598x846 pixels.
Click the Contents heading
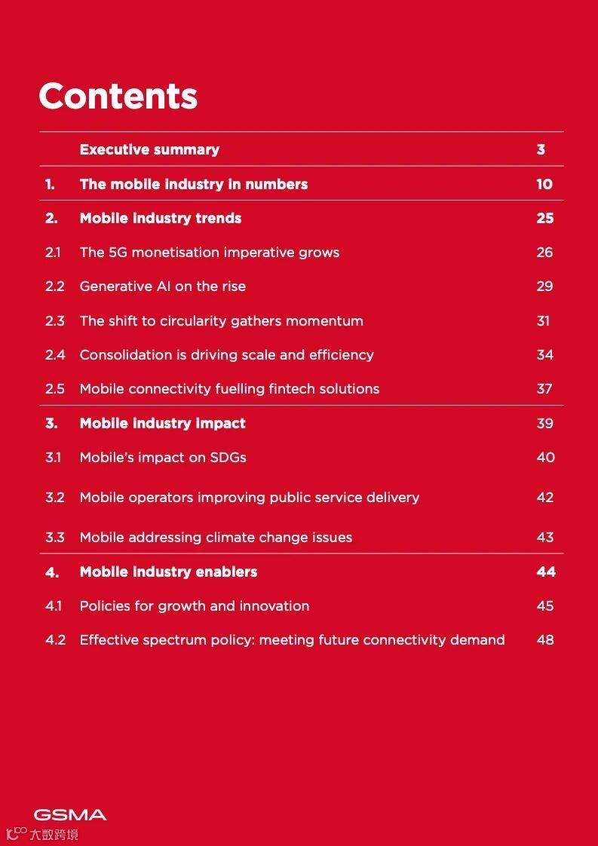pyautogui.click(x=118, y=97)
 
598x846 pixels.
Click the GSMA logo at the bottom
pyautogui.click(x=70, y=814)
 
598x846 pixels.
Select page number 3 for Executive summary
pyautogui.click(x=541, y=149)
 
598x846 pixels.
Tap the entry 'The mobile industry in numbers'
pyautogui.click(x=194, y=184)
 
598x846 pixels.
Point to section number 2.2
pyautogui.click(x=55, y=287)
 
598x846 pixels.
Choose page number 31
pyautogui.click(x=544, y=320)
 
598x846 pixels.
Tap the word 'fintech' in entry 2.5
pyautogui.click(x=293, y=389)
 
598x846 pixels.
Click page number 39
pyautogui.click(x=544, y=423)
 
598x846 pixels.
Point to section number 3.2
pyautogui.click(x=55, y=498)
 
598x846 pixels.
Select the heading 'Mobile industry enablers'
pyautogui.click(x=168, y=572)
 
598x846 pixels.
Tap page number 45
pyautogui.click(x=544, y=606)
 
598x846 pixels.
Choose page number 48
pyautogui.click(x=544, y=640)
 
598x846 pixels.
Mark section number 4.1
pyautogui.click(x=54, y=606)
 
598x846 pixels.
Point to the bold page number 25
pyautogui.click(x=544, y=219)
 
